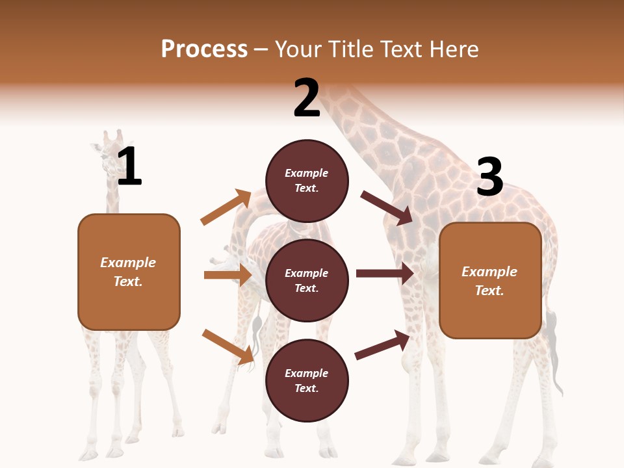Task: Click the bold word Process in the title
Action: tap(204, 49)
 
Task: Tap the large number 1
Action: tap(129, 167)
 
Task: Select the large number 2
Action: tap(307, 98)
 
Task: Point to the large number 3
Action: tap(489, 177)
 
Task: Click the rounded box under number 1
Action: tap(129, 272)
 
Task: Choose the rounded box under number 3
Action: tap(490, 280)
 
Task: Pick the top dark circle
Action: tap(307, 181)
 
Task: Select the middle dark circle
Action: tap(307, 280)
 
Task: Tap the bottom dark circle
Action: tap(307, 380)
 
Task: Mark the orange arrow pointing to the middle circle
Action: tap(227, 275)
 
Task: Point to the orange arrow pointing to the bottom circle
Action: tap(228, 346)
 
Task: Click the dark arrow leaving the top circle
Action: tap(387, 207)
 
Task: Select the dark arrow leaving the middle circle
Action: tap(385, 274)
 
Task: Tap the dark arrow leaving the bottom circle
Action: tap(383, 344)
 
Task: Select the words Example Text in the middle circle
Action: tap(307, 280)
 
